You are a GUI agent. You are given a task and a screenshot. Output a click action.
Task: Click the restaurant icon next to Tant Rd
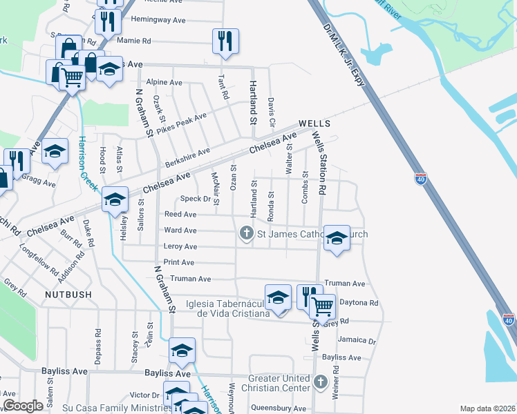[x=225, y=40]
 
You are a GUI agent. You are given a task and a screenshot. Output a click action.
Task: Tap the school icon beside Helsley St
[x=115, y=200]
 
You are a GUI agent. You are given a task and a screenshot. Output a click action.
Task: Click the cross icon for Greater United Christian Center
[x=320, y=382]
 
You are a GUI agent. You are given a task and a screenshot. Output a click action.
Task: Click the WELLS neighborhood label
[x=314, y=124]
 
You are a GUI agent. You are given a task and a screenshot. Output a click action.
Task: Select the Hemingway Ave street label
[x=158, y=21]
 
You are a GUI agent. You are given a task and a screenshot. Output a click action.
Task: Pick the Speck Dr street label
[x=195, y=199]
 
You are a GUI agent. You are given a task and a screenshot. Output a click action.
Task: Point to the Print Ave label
[x=179, y=263]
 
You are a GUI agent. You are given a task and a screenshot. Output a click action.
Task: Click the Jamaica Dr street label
[x=357, y=341]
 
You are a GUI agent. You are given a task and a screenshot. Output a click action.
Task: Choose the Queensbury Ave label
[x=276, y=407]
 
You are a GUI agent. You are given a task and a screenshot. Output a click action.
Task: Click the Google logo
[x=23, y=406]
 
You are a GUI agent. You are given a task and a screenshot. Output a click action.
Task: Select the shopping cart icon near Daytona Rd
[x=321, y=305]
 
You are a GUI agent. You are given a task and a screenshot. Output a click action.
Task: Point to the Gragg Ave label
[x=39, y=183]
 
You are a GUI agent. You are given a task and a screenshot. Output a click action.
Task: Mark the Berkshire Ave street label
[x=187, y=159]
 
